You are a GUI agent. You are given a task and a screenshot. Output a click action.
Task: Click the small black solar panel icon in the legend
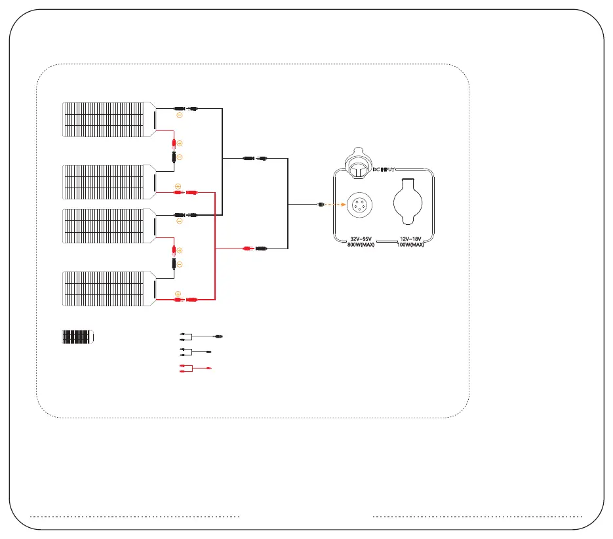pos(78,337)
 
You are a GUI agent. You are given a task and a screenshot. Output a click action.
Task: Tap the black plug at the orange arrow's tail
pos(319,205)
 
